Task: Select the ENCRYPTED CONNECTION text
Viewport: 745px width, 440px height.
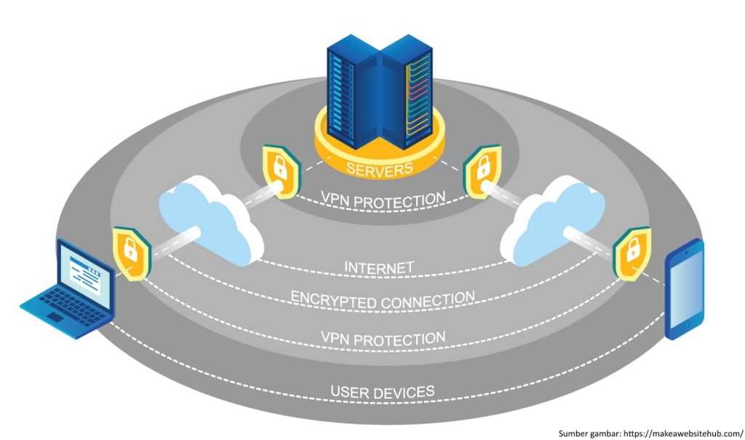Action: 383,298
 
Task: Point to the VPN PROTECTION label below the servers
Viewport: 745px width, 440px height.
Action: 383,198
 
